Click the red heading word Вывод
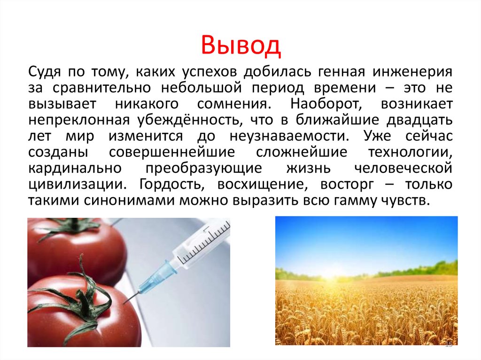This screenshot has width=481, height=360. click(240, 46)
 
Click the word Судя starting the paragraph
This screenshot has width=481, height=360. click(45, 72)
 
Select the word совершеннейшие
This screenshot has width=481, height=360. click(172, 153)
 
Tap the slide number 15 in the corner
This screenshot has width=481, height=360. click(448, 345)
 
